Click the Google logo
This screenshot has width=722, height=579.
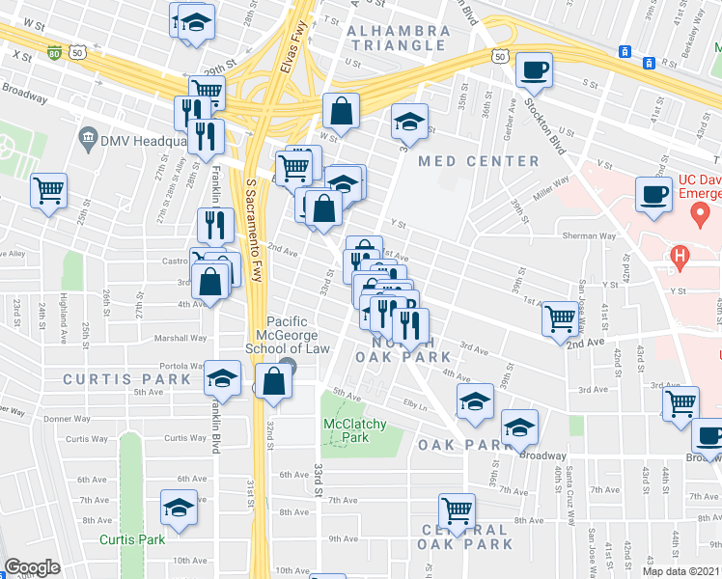coord(32,567)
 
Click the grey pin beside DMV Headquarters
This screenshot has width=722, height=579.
coord(89,139)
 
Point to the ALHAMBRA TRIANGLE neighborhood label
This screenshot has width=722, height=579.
coord(399,38)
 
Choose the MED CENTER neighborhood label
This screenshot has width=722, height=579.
coord(479,161)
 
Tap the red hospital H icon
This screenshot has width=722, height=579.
coord(680,256)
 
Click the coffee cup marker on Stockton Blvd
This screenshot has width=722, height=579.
coord(534,70)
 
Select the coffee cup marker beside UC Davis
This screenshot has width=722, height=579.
coord(653,194)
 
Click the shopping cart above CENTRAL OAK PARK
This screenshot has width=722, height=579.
coord(457,510)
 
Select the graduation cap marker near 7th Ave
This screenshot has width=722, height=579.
coord(180,508)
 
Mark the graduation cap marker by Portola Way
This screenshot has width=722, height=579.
coord(222,379)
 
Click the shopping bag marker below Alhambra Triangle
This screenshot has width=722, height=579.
coord(341,111)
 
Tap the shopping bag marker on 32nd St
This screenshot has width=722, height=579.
coord(274,381)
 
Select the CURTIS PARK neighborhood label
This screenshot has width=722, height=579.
coord(115,379)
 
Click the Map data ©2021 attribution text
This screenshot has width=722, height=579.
coord(681,571)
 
